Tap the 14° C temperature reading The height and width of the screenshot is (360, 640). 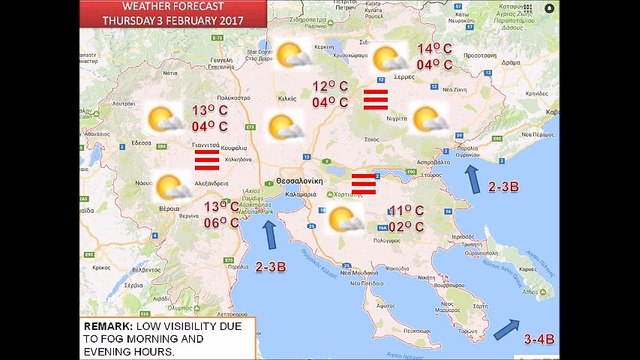pos(435,49)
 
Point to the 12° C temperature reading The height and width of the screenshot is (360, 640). pos(329,86)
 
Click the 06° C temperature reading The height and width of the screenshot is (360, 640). pos(221,223)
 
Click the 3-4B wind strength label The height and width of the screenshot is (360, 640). pos(541,340)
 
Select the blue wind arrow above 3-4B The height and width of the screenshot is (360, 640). pos(506,327)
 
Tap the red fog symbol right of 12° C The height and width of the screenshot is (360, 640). pos(375,99)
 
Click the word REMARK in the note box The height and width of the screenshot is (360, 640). pos(107,326)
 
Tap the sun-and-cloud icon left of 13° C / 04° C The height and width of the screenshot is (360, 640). pos(164,120)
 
